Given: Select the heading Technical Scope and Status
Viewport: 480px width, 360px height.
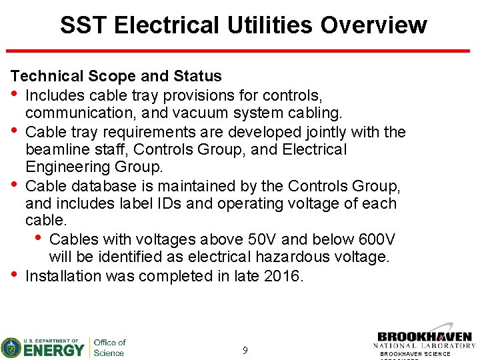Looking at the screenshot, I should [x=116, y=77].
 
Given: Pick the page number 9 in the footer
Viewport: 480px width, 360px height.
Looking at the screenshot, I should [x=245, y=350].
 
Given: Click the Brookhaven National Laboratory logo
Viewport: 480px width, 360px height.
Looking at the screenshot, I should [x=425, y=340].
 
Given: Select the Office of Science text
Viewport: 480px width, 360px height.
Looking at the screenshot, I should [x=109, y=347].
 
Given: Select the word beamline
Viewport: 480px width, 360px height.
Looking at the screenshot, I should [x=57, y=150].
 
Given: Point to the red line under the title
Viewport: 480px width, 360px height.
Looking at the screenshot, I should [x=240, y=51].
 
